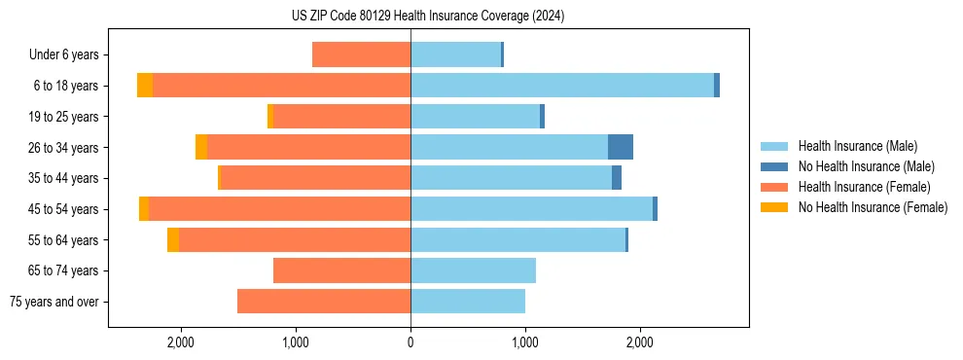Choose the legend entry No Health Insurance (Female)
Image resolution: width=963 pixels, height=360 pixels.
coord(873,207)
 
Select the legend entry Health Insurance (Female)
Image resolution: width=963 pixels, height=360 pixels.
coord(864,187)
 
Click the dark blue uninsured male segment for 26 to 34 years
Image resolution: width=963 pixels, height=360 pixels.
coord(621,147)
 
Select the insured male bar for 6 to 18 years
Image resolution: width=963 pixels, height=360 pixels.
coord(562,86)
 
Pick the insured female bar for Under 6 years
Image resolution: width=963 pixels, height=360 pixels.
coord(361,54)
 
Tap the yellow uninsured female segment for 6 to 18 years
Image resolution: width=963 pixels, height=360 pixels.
coord(145,86)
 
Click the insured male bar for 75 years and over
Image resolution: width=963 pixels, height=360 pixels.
coord(468,302)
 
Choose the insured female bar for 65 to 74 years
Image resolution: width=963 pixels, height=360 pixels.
coord(341,270)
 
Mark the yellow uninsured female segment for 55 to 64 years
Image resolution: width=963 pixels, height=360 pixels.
coord(173,239)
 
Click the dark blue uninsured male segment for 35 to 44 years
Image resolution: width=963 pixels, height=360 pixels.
coord(617,178)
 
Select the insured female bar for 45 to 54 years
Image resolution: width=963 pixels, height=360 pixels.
coord(279,209)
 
